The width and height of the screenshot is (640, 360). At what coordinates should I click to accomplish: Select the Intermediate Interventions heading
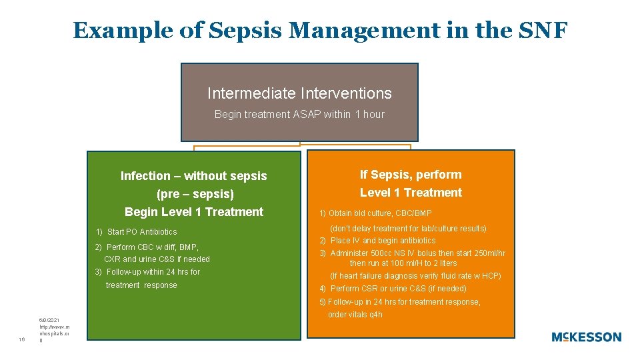click(299, 93)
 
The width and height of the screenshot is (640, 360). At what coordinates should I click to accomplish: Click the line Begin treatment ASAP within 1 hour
click(299, 115)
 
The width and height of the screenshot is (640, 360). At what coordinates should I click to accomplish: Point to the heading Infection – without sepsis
click(193, 176)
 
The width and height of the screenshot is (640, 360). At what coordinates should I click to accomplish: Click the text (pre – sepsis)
click(195, 194)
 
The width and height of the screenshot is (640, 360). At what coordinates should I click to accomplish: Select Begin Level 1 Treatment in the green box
click(194, 212)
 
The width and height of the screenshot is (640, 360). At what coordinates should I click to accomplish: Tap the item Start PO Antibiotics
click(136, 232)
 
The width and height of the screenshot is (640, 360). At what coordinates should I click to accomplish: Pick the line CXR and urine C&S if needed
click(157, 259)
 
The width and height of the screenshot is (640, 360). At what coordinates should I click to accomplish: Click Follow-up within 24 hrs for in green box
click(147, 272)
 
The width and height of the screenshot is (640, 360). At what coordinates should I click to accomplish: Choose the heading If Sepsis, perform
click(411, 175)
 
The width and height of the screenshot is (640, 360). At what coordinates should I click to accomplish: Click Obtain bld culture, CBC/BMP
click(375, 213)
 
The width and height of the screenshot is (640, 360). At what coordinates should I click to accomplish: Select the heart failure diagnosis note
click(415, 276)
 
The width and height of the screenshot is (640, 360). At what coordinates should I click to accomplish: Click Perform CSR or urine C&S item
click(393, 289)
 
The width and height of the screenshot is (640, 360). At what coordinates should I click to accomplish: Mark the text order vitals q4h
click(355, 315)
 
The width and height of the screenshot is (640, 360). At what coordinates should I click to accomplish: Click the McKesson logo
click(586, 337)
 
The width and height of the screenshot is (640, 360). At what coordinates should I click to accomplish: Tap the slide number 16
click(22, 339)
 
